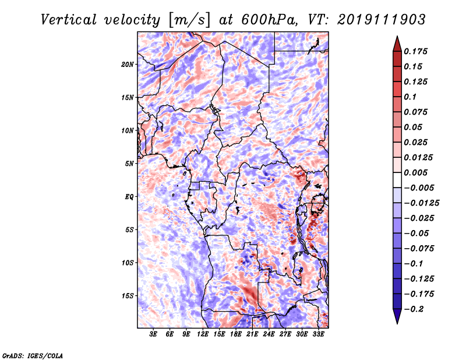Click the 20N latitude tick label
click(x=128, y=65)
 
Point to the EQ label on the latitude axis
click(x=129, y=197)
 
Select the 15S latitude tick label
click(x=128, y=296)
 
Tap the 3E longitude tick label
click(x=153, y=334)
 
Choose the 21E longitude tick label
click(x=252, y=334)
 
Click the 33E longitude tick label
click(x=318, y=334)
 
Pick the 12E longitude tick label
click(x=203, y=334)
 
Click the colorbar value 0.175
click(x=416, y=51)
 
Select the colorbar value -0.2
click(x=414, y=309)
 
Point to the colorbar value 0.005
click(x=416, y=172)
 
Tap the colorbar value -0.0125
click(x=422, y=203)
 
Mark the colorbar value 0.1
click(x=410, y=97)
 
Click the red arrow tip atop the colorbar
click(x=397, y=36)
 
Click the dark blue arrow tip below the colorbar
click(x=397, y=323)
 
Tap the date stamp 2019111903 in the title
click(x=382, y=20)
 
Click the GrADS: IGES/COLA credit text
click(x=33, y=355)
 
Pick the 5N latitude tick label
click(x=129, y=164)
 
